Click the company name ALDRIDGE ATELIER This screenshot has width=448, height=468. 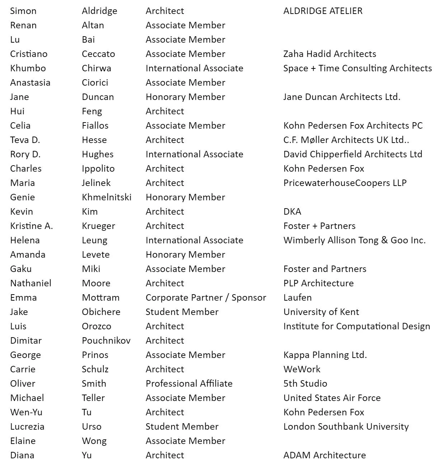[x=323, y=11]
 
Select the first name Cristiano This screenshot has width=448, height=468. [x=29, y=54]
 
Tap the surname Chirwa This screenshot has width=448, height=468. [x=96, y=68]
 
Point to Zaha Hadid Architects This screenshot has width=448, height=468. [x=330, y=54]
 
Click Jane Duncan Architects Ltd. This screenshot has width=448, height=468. [x=341, y=97]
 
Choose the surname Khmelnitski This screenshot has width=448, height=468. [x=107, y=197]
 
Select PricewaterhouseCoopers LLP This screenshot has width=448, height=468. [x=345, y=183]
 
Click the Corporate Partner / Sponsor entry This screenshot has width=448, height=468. [x=206, y=298]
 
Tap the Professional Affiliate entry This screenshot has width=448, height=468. [x=189, y=384]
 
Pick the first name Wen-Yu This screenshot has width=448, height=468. [x=26, y=412]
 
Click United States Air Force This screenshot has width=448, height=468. [x=332, y=398]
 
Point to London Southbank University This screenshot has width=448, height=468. [x=346, y=427]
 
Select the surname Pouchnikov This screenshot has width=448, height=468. [x=106, y=341]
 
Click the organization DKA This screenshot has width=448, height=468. [x=292, y=212]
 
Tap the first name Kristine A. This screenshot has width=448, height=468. [x=32, y=226]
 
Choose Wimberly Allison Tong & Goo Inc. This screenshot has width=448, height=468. [x=354, y=240]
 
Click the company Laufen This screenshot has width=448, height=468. [x=297, y=298]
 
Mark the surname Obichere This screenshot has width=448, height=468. [x=101, y=312]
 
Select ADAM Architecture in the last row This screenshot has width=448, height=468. [x=325, y=455]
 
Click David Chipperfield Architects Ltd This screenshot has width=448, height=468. [x=353, y=154]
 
